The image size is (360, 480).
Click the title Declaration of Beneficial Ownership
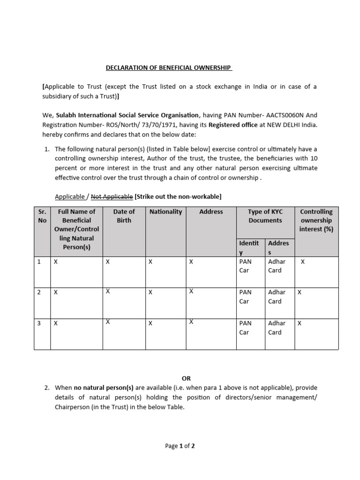[169, 67]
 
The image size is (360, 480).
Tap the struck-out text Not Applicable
[112, 196]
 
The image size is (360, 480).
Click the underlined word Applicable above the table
[70, 196]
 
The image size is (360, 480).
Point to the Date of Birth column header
[124, 216]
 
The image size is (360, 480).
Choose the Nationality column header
[165, 212]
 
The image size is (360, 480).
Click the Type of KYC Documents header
[265, 216]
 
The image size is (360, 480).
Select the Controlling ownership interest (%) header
[316, 220]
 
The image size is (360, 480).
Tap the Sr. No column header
[42, 216]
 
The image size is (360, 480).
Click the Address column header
[211, 212]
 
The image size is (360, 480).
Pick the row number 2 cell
[39, 292]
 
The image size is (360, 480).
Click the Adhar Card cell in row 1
[277, 266]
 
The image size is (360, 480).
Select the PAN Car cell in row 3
[245, 328]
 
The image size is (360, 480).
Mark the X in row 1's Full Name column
[56, 262]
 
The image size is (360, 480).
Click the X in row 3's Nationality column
[150, 323]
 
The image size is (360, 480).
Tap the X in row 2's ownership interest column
[300, 292]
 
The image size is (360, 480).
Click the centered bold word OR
[186, 378]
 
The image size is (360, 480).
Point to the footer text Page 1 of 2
[180, 446]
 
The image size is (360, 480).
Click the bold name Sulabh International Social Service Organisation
[127, 115]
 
